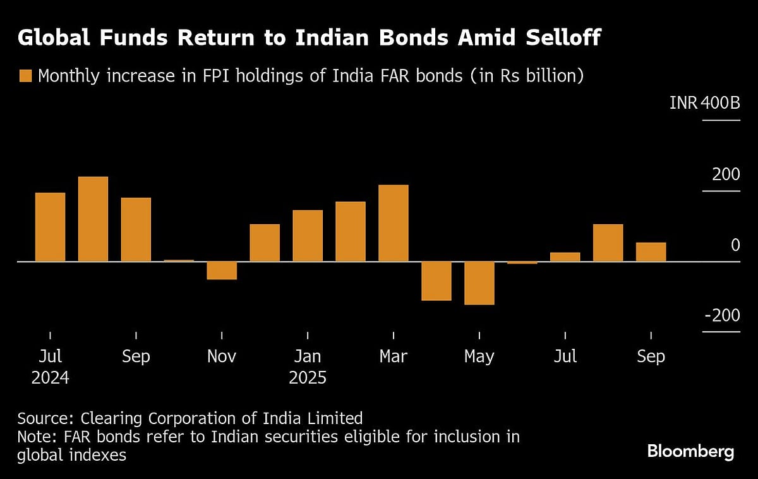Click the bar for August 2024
93,219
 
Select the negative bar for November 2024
222,270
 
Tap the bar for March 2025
394,223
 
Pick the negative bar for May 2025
479,283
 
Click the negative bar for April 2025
436,281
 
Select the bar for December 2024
265,243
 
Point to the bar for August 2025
608,243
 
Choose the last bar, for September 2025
651,252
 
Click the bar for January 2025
308,236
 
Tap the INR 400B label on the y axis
704,102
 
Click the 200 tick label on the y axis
726,174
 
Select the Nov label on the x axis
222,356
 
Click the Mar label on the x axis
394,356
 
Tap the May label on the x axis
479,356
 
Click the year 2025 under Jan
308,378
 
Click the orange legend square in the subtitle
25,76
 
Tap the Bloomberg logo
690,451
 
